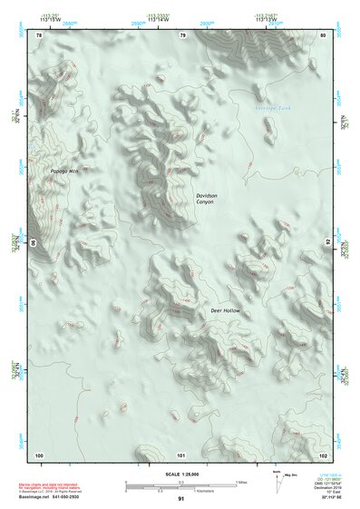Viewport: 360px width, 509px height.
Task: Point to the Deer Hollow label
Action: click(x=224, y=311)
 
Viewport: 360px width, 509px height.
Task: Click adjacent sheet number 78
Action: click(x=39, y=35)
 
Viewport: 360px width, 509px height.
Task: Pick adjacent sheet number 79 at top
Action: click(x=182, y=35)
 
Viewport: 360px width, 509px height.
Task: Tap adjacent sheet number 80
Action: click(x=323, y=35)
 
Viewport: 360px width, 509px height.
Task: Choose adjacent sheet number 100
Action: click(x=39, y=454)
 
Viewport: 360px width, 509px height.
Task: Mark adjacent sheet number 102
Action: click(x=323, y=454)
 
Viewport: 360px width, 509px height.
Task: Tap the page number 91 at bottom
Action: click(x=180, y=500)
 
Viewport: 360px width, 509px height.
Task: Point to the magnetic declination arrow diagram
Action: click(x=277, y=485)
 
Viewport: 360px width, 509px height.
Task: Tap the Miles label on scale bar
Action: click(x=240, y=482)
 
